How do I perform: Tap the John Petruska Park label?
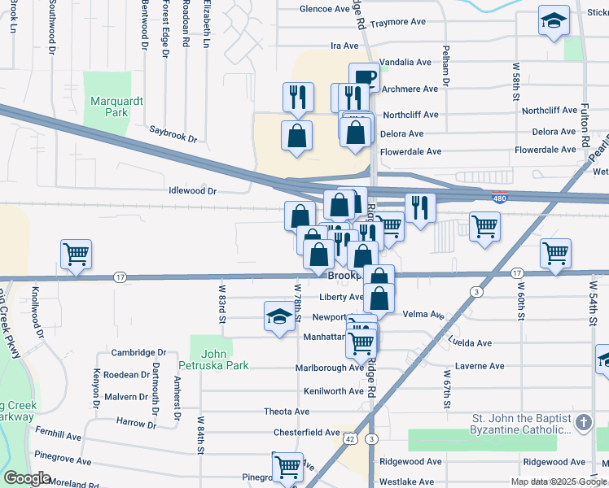point(212,359)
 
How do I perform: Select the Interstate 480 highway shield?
point(500,197)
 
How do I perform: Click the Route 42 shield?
point(348,438)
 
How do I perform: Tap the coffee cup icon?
point(364,78)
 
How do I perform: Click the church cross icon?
point(583,422)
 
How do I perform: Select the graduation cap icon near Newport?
point(278,316)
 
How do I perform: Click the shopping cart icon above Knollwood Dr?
point(76,254)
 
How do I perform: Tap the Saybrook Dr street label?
point(173,132)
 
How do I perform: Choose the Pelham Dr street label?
point(445,73)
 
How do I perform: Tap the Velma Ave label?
point(423,315)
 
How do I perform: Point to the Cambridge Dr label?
point(138,352)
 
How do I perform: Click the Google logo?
point(28,478)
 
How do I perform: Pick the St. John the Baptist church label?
point(520,423)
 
